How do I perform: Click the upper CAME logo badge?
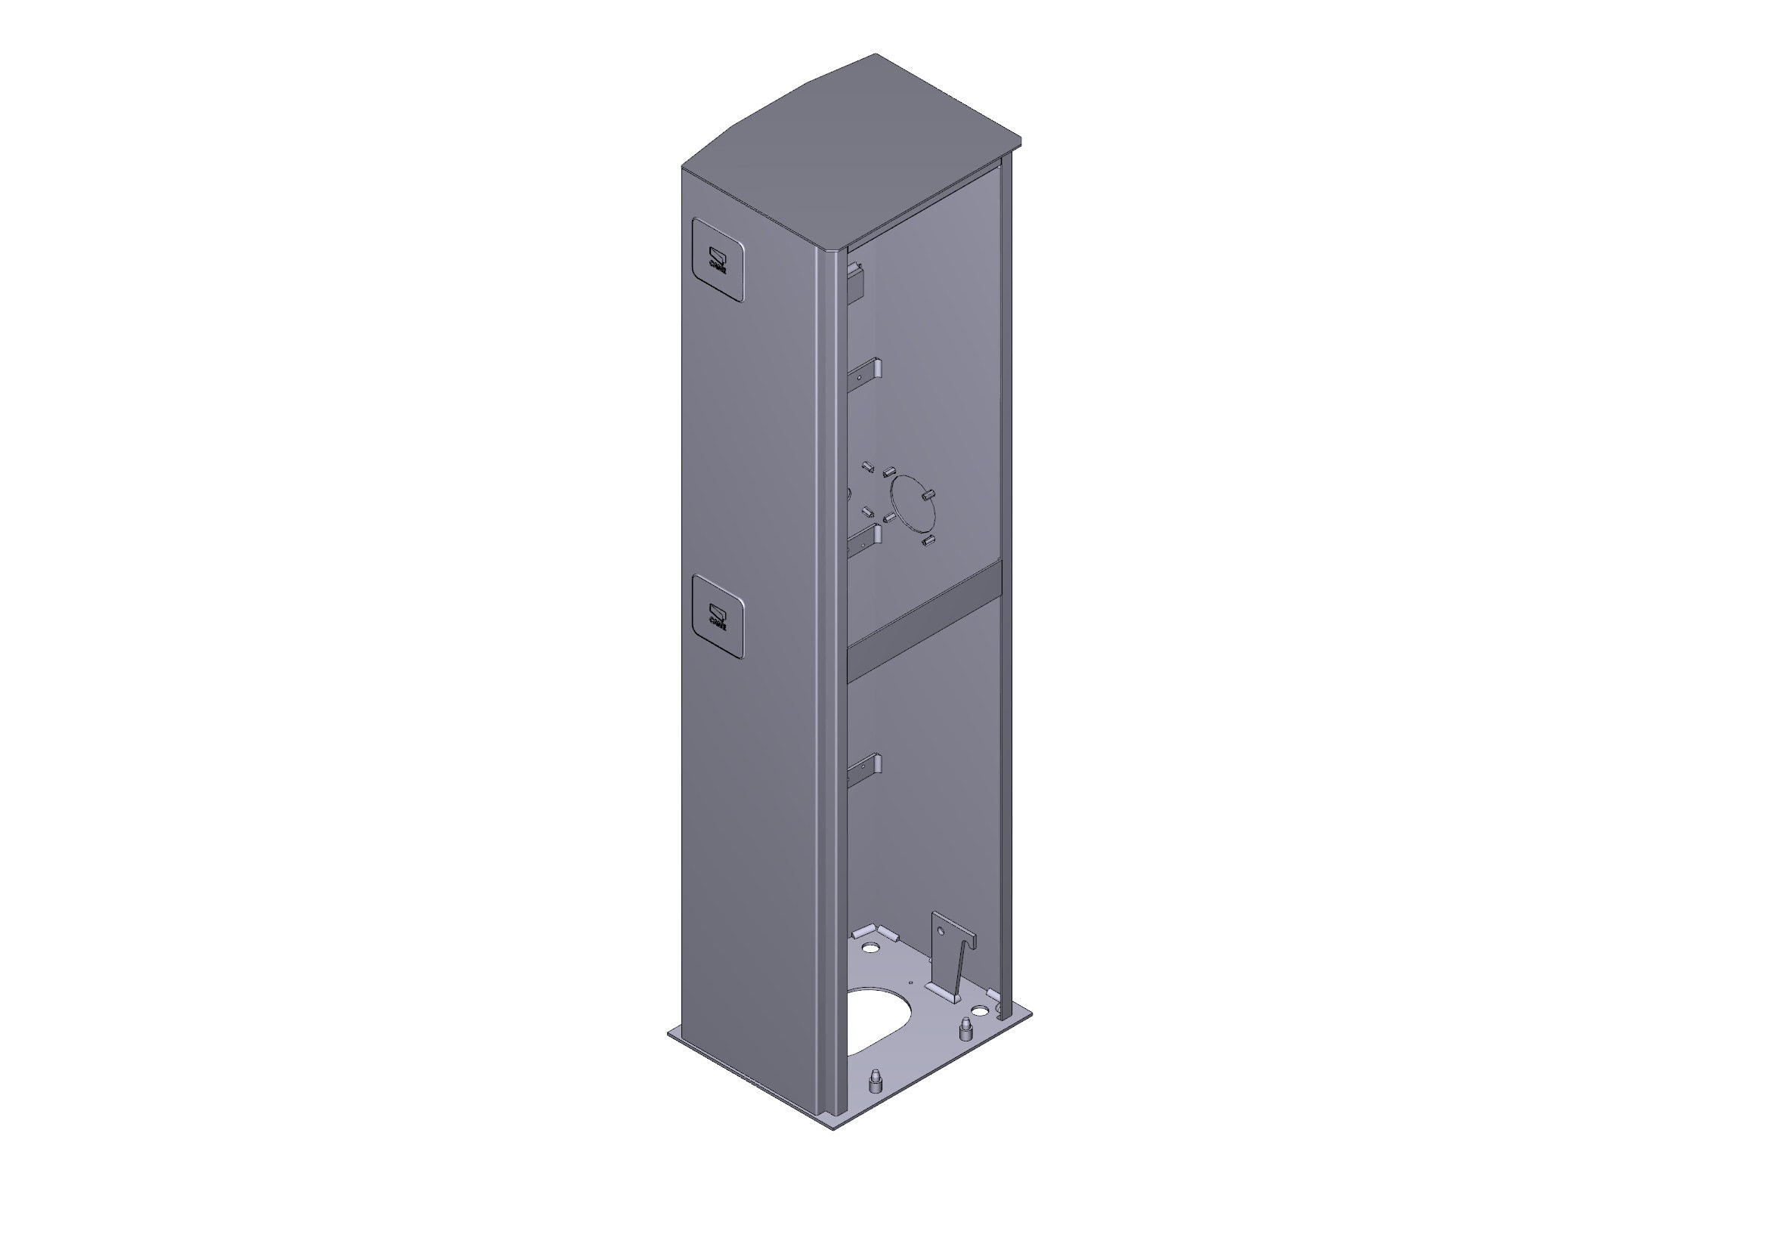(x=179, y=259)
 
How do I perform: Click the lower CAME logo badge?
(x=179, y=616)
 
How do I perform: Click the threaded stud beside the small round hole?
(x=964, y=1029)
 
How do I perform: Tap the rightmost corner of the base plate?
(x=1031, y=1018)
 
